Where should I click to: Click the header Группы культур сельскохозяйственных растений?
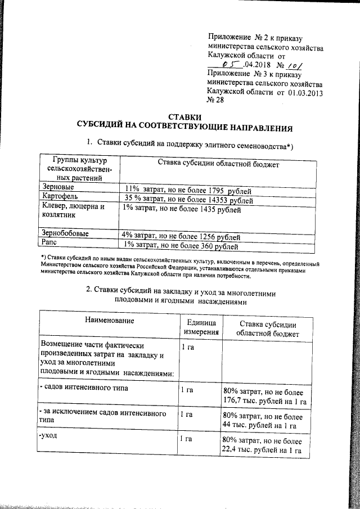[x=76, y=169]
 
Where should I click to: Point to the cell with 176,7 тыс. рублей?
[x=264, y=396]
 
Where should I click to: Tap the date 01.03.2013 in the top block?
[x=308, y=92]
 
